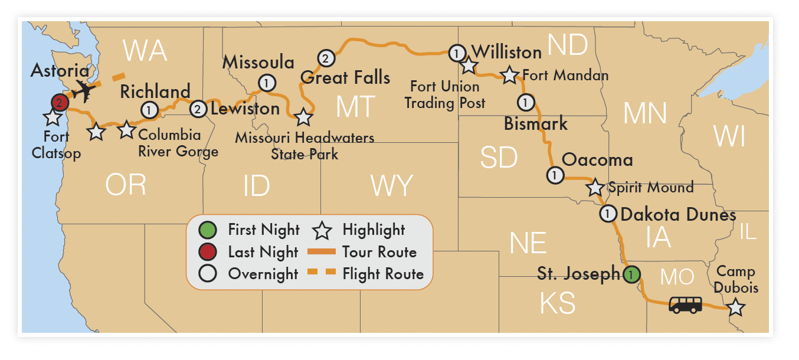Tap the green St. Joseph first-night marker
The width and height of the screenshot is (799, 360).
coord(631,274)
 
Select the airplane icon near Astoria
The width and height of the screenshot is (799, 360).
coord(84,91)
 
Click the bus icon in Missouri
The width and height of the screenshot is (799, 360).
coord(685,305)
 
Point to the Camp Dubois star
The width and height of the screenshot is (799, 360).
coord(735,307)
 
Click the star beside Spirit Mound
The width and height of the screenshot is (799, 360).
coord(595,188)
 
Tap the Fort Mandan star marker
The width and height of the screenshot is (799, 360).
coord(509,76)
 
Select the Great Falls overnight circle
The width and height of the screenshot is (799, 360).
coord(325,58)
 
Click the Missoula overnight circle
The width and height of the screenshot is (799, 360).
coord(267,82)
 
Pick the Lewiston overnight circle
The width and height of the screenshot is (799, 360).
coord(198,109)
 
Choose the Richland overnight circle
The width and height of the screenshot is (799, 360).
coord(149,109)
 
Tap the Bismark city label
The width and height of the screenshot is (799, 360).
coord(536,124)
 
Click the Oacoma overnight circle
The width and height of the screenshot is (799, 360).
coord(555,175)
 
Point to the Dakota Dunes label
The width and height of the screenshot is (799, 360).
coord(678,214)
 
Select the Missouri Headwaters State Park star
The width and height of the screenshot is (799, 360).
coord(303,117)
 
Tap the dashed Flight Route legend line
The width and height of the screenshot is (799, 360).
coord(322,273)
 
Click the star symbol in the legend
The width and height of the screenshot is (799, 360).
coord(322,230)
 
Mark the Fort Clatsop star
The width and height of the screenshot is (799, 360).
coord(53,117)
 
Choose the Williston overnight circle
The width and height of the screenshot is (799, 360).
coord(457,53)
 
